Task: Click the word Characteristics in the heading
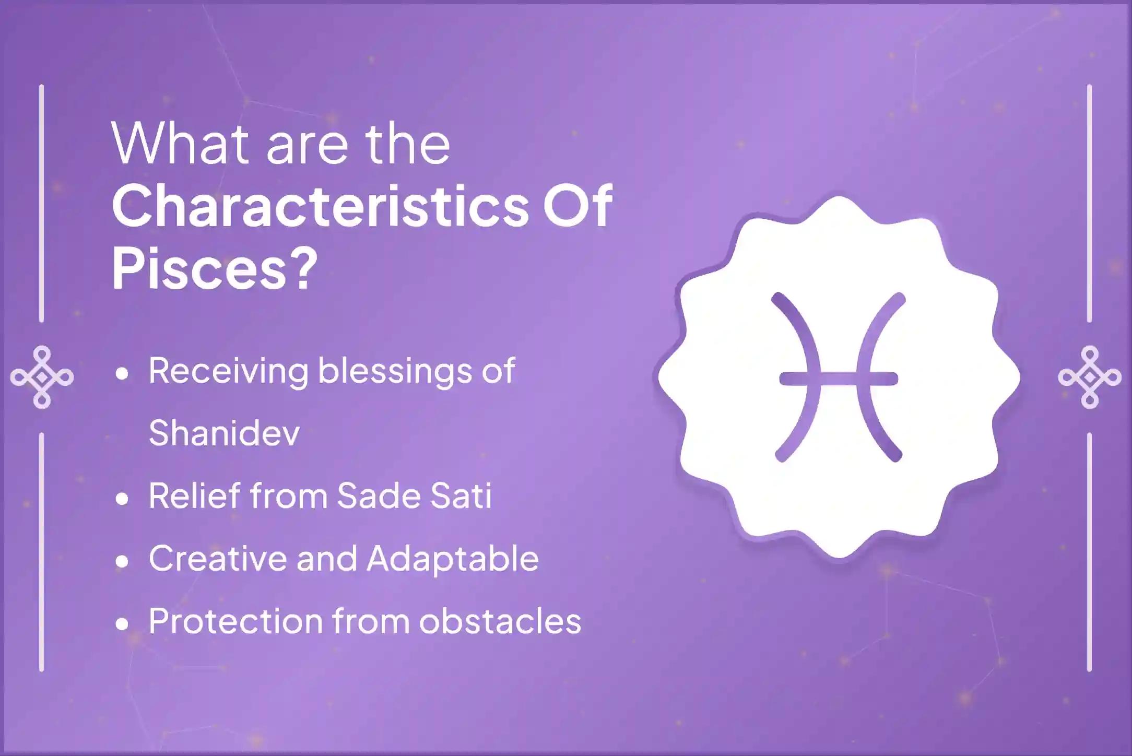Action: coord(320,207)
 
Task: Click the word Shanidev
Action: coord(224,433)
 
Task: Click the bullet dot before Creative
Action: coord(123,562)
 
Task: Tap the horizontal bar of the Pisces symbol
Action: coord(839,378)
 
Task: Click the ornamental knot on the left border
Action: coord(42,377)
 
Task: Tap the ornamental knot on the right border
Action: coord(1090,377)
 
